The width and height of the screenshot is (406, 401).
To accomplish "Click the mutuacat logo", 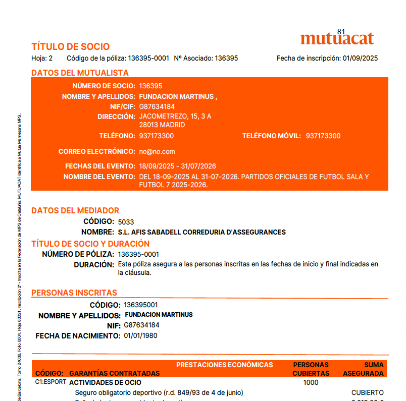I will coord(337,38).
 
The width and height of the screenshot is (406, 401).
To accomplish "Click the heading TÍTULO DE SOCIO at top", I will coord(70,47).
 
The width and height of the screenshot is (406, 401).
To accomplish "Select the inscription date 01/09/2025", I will coord(360,59).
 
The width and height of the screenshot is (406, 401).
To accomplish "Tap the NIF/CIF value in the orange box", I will coord(157,106).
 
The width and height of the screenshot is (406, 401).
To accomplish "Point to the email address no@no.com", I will coord(157,151).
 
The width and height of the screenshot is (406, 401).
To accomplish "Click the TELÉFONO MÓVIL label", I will coord(271,136).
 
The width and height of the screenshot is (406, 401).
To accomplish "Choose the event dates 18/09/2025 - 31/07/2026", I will coord(177,166).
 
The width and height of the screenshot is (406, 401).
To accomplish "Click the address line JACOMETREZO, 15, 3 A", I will coord(175,117).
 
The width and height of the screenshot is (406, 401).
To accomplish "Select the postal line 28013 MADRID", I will coord(162,125).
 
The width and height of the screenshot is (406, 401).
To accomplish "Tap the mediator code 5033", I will coord(126,222).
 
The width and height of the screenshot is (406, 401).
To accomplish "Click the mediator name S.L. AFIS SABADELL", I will coord(201,232).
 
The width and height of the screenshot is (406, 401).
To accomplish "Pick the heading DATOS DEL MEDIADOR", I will coord(75,210).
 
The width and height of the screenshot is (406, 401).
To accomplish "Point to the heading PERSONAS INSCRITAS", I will coord(74,293).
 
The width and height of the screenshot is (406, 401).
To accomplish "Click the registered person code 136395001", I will coord(140,305).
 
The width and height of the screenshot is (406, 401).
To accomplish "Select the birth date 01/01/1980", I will coord(140,335).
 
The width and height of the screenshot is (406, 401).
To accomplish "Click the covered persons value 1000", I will coord(311,382).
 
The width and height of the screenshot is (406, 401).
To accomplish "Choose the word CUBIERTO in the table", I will coord(367,392).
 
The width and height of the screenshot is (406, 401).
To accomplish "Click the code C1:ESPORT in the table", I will coord(50,382).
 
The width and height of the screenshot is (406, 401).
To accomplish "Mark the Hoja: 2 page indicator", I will coord(42,59).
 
